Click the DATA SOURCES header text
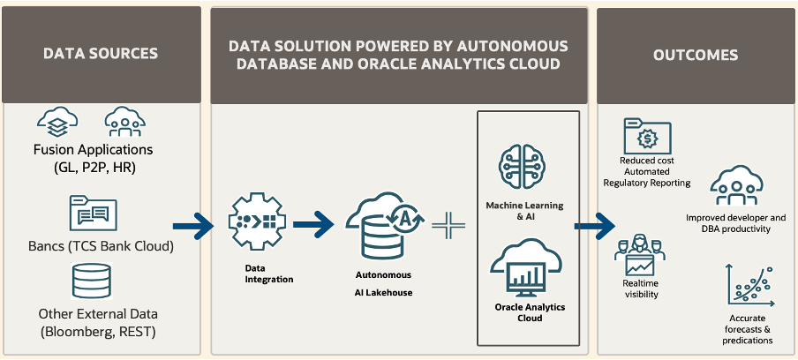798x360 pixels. point(101,54)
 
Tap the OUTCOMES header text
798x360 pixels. point(696,55)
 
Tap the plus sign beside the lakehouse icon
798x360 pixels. point(448,225)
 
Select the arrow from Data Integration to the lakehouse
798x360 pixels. point(313,224)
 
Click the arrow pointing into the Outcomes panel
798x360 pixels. point(595,226)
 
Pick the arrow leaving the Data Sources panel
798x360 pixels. point(193,226)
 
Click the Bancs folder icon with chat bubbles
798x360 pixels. point(94,214)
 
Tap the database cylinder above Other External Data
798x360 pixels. point(92,281)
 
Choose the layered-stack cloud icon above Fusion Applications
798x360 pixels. point(57,122)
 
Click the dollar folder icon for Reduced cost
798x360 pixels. point(647,136)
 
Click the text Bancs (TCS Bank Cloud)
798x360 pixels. point(102,247)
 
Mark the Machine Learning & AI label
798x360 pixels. point(524,212)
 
